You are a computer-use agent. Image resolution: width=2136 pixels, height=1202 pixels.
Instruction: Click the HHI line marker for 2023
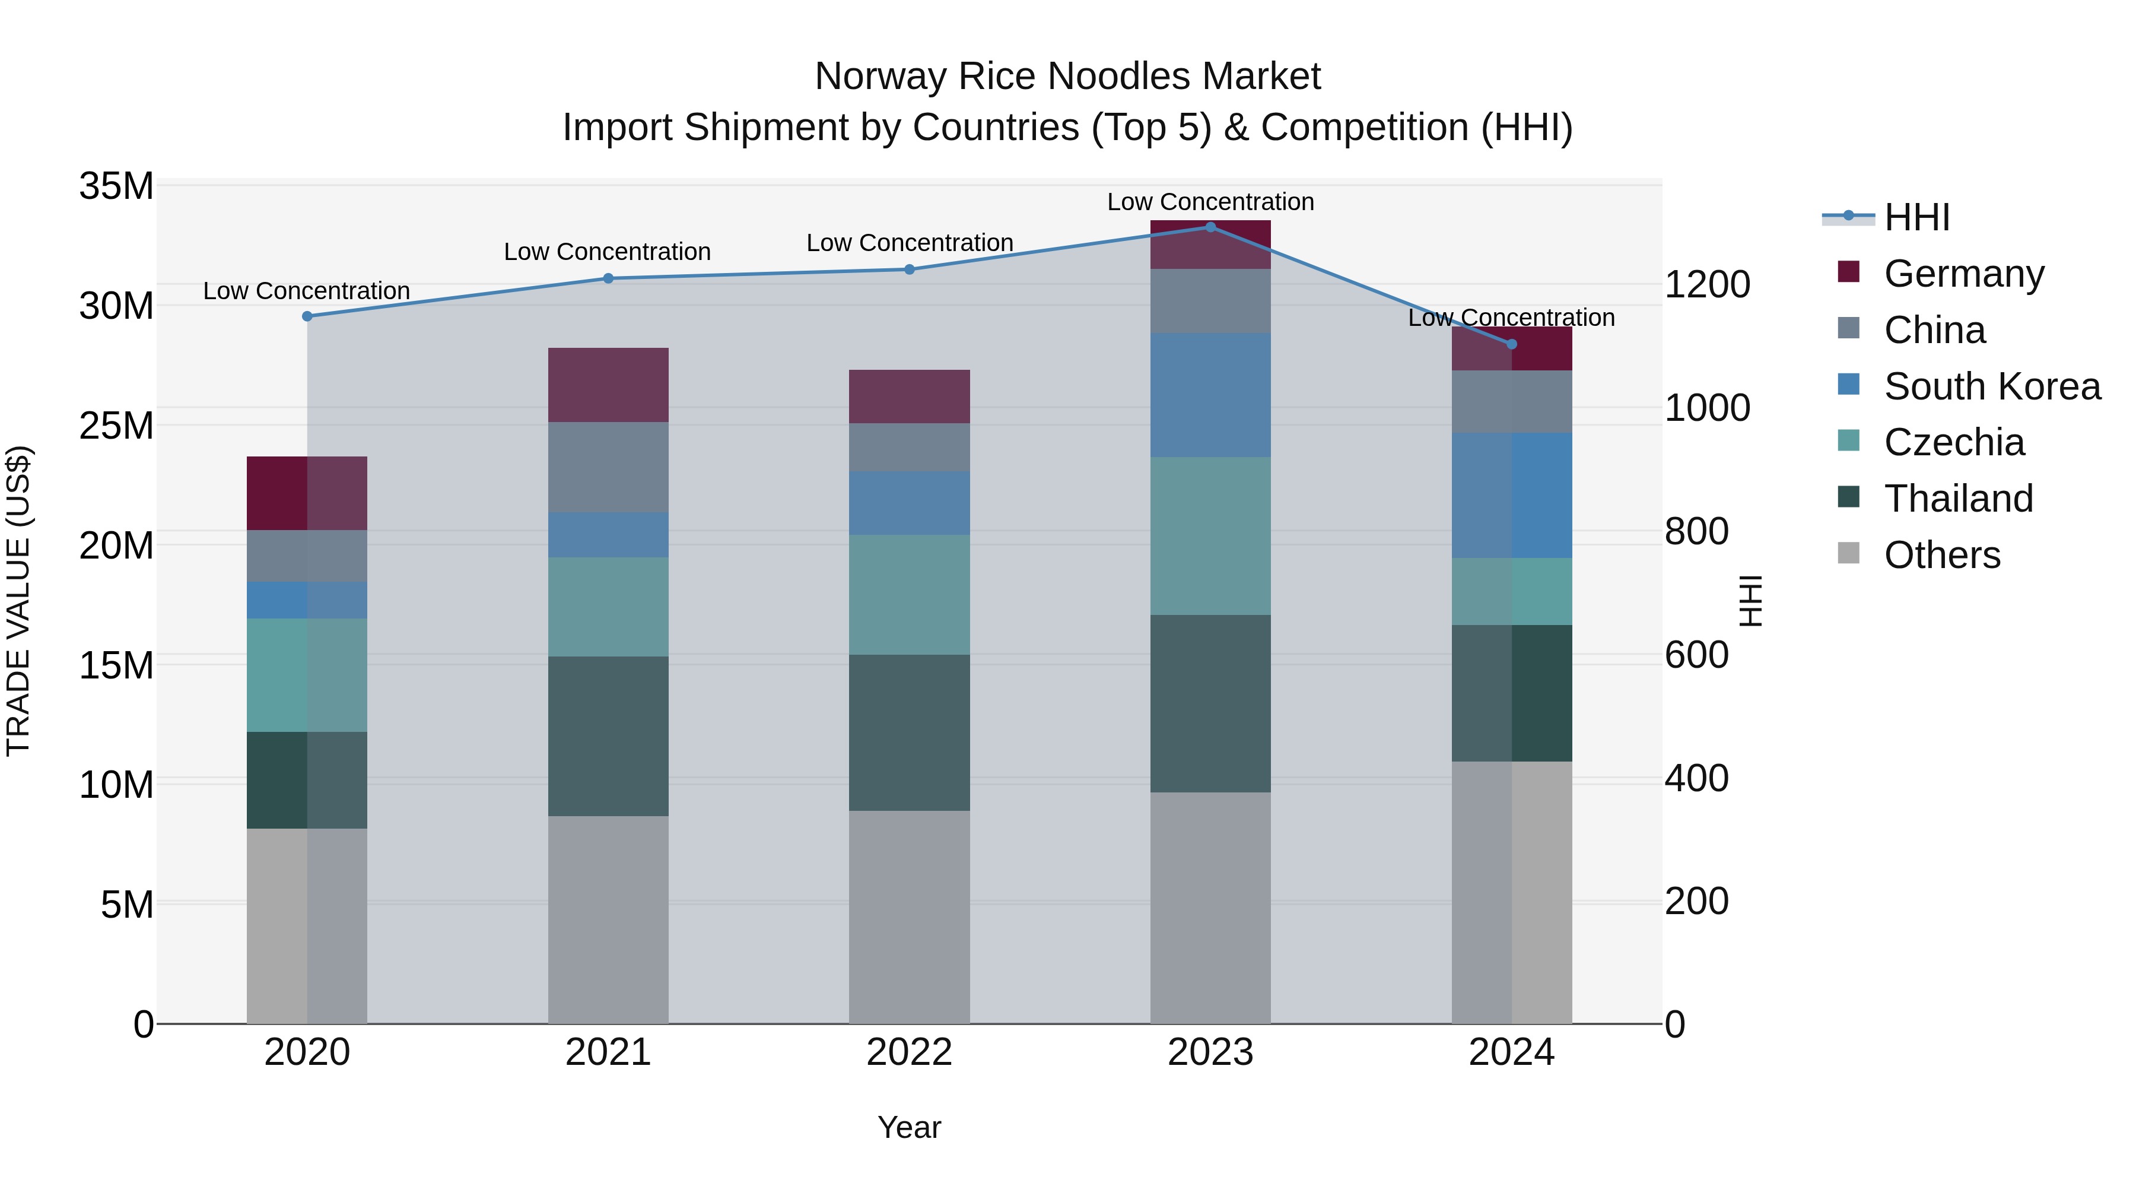(x=1210, y=227)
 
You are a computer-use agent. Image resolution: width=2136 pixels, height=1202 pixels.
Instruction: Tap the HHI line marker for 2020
(x=307, y=316)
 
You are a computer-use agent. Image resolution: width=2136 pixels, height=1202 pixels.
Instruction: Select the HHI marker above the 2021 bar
(x=608, y=279)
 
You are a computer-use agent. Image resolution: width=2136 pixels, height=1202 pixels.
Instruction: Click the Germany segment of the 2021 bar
(x=608, y=385)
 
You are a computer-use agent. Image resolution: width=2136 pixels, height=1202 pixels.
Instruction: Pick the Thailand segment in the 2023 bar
(x=1210, y=703)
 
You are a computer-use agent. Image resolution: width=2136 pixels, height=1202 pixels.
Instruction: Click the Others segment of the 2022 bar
(x=909, y=916)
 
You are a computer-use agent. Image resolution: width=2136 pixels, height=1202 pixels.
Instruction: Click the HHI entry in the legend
(x=1915, y=217)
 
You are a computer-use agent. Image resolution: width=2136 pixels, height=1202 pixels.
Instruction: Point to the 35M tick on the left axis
(x=116, y=186)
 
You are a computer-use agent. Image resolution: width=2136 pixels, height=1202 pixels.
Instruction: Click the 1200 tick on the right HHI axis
(x=1706, y=284)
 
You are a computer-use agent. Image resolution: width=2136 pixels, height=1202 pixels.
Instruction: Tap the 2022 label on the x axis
(x=909, y=1052)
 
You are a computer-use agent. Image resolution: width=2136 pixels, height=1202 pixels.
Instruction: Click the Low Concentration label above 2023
(x=1210, y=202)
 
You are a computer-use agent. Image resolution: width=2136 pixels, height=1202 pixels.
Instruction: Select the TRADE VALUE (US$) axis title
(x=18, y=601)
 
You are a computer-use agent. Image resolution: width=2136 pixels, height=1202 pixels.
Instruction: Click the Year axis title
(x=909, y=1127)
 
